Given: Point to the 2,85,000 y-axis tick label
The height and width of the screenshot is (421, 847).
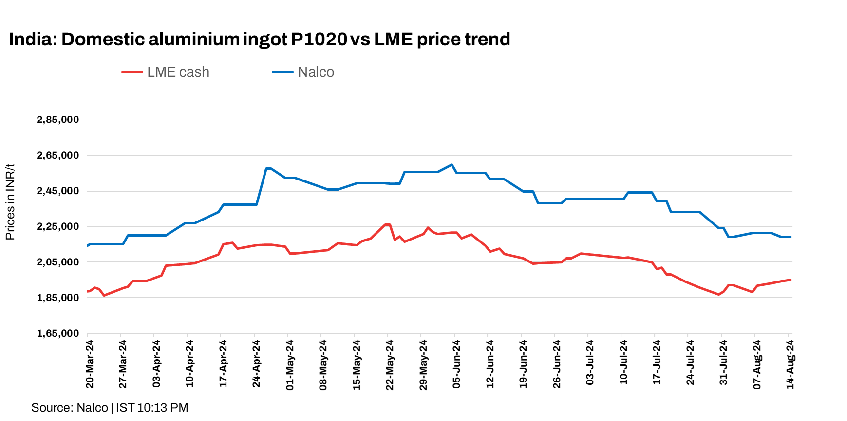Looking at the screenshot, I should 58,120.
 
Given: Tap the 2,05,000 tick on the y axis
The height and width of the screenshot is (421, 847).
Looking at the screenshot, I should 58,262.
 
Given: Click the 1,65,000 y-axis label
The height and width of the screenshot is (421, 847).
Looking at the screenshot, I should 58,333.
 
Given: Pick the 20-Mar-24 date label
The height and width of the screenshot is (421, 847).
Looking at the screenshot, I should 90,364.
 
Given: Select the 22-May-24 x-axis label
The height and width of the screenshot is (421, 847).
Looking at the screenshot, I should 390,364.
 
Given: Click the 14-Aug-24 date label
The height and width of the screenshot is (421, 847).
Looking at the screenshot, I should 790,364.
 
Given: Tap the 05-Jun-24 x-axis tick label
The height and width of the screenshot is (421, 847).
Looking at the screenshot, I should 456,364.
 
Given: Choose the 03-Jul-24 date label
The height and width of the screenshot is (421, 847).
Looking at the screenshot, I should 590,364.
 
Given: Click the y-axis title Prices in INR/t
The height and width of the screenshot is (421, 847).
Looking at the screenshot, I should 10,202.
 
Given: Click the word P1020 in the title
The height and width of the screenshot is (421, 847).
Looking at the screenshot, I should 319,39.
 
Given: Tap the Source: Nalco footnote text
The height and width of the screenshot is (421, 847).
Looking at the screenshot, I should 70,408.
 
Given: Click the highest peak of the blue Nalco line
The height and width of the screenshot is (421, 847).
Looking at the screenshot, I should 452,165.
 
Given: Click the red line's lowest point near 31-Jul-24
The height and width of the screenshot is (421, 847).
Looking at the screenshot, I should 718,294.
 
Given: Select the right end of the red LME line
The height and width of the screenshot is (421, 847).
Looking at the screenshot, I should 790,280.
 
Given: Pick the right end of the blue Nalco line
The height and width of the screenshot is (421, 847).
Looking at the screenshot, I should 790,237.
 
